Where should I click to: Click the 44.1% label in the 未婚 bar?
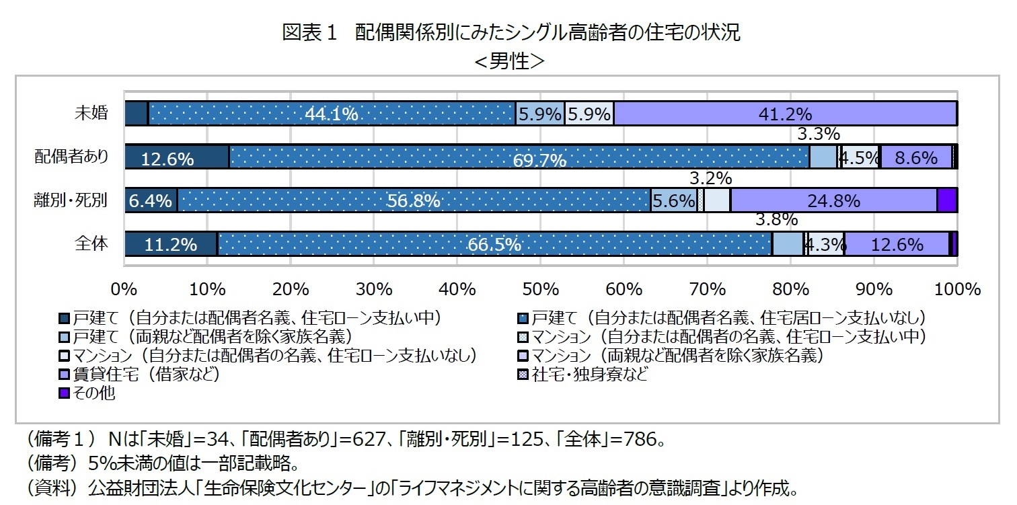331,114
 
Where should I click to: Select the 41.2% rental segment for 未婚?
785,114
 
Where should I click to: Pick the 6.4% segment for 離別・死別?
151,201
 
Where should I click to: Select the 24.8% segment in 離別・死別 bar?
833,200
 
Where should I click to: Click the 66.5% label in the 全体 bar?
494,245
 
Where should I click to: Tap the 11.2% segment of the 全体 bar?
171,245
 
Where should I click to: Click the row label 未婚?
90,113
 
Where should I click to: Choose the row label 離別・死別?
71,201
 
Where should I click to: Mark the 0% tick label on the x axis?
125,290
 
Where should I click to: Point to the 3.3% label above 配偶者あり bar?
818,134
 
